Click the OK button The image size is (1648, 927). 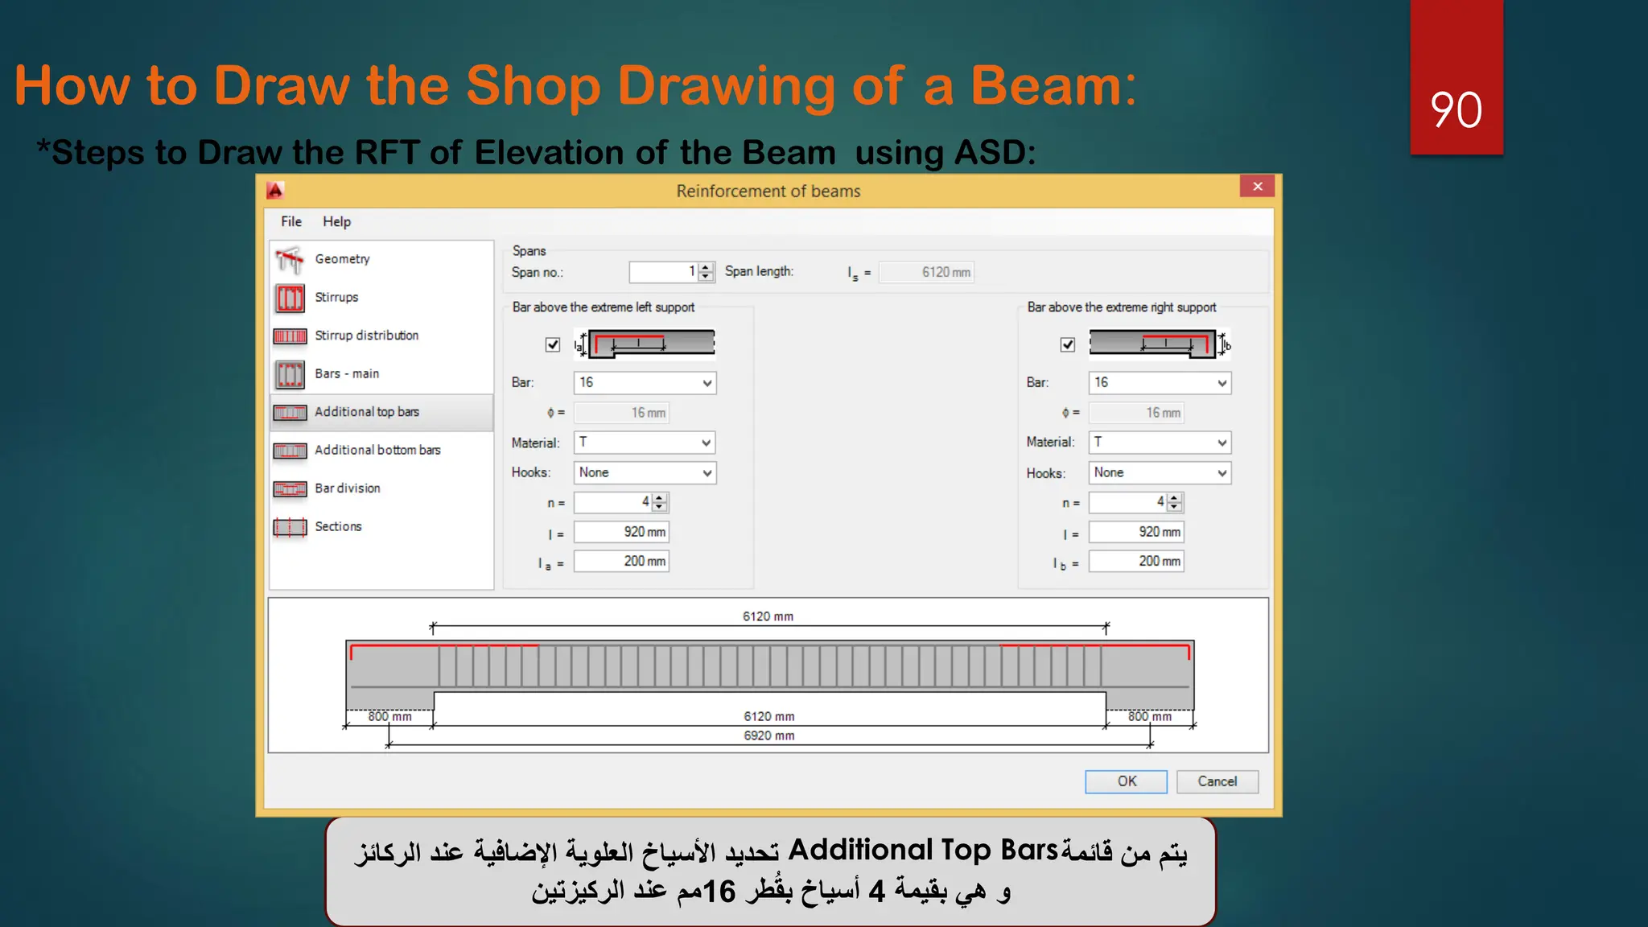point(1126,781)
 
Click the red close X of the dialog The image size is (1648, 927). point(1257,187)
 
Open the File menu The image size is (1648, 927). point(291,222)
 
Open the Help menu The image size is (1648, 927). point(336,222)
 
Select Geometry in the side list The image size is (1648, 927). point(342,259)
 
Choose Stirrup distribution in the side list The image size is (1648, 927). point(366,336)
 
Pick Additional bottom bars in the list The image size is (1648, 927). point(377,451)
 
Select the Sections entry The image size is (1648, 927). point(338,527)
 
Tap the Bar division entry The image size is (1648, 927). point(347,488)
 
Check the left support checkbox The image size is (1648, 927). point(553,344)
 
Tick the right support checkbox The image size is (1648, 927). point(1068,344)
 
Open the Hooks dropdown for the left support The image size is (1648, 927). point(645,473)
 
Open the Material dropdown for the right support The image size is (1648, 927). point(1160,443)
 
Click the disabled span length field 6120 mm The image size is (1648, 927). point(926,272)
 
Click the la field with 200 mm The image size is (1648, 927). point(621,562)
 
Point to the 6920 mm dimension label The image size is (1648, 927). point(768,735)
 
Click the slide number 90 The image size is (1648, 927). point(1456,109)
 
